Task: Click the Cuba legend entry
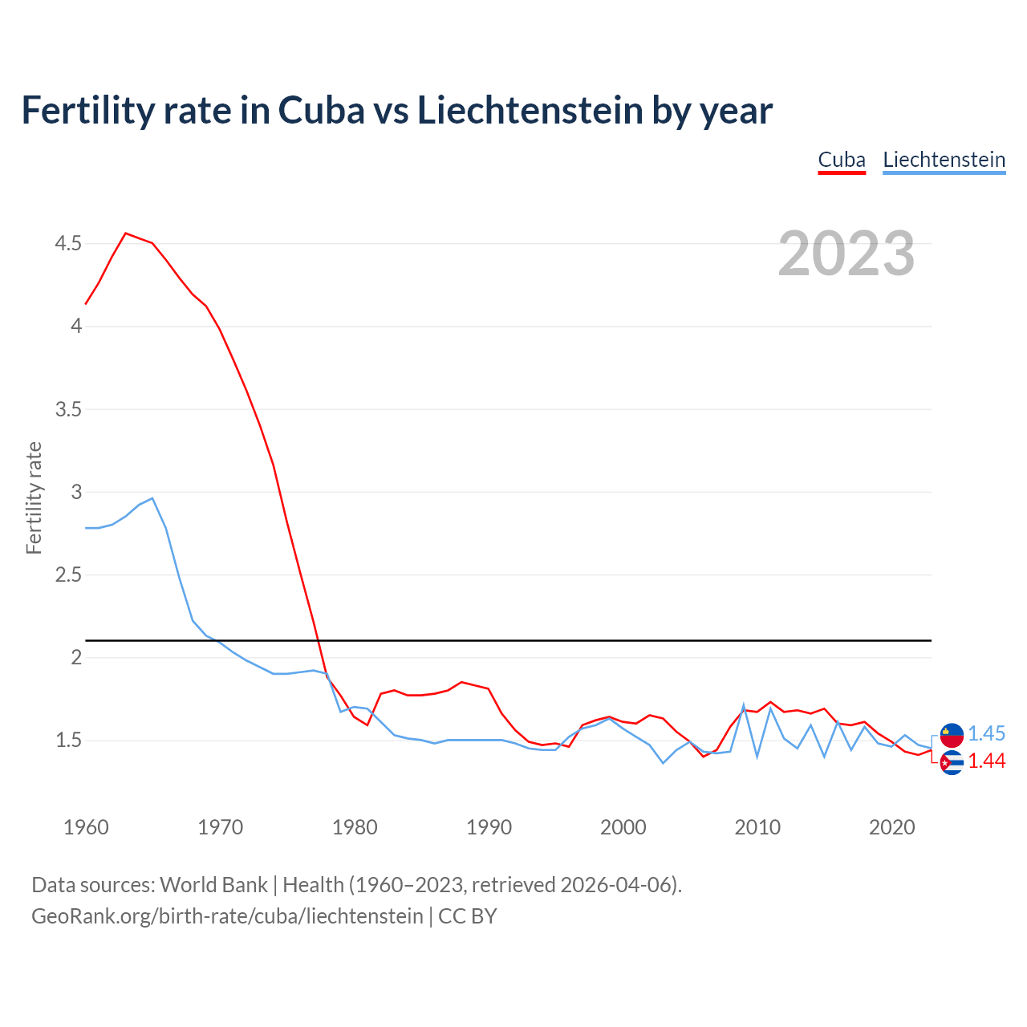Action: click(842, 160)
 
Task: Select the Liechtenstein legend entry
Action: click(944, 160)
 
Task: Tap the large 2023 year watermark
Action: click(846, 254)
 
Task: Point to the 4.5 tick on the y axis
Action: click(68, 243)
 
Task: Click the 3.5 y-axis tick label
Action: click(68, 409)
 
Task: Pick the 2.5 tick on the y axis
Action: click(68, 574)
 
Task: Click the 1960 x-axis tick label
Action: click(86, 827)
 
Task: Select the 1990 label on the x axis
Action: click(489, 827)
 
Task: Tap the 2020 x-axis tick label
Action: click(891, 827)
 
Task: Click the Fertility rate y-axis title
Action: click(34, 497)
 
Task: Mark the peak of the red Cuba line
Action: click(125, 233)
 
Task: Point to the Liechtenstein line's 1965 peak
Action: click(152, 498)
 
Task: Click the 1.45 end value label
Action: click(986, 733)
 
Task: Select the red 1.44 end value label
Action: click(986, 761)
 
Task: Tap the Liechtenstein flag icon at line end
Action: click(952, 734)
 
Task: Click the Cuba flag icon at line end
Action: click(952, 762)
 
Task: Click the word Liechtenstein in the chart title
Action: click(530, 110)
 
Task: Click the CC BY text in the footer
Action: click(467, 915)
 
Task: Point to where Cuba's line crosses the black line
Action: click(319, 640)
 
